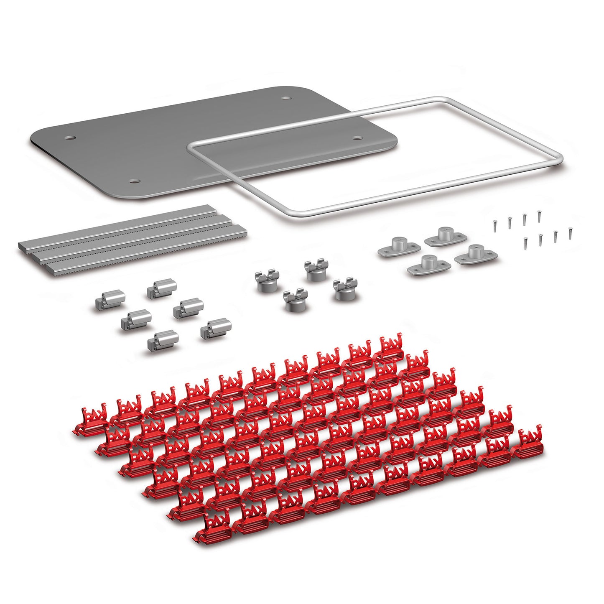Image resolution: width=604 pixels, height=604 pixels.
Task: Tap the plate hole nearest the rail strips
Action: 134,181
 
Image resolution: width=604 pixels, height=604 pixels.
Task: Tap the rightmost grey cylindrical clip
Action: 216,329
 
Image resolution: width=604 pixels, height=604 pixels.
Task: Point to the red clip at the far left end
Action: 89,420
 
